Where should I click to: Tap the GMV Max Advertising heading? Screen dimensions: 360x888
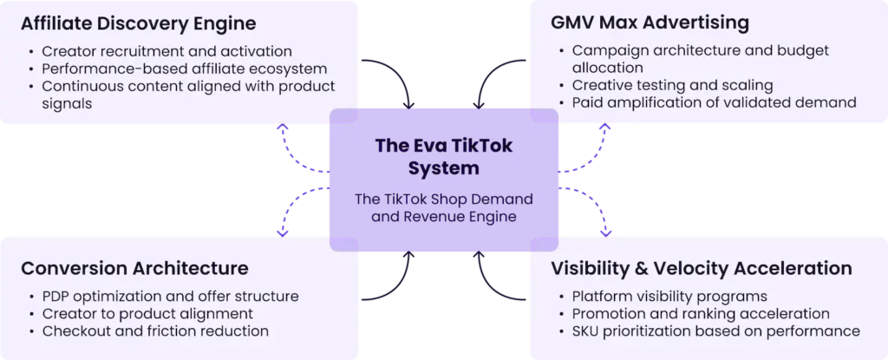point(650,21)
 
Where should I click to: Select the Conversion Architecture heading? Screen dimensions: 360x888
point(134,268)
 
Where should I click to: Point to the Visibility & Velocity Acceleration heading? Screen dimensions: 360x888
point(702,268)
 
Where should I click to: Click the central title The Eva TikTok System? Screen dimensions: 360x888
point(443,156)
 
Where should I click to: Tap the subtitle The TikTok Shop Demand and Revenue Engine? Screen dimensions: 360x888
point(443,207)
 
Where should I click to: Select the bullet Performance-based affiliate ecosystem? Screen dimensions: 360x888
point(183,68)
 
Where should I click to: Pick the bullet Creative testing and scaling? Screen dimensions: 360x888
point(672,85)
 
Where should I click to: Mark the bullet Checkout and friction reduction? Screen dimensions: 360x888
point(153,331)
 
